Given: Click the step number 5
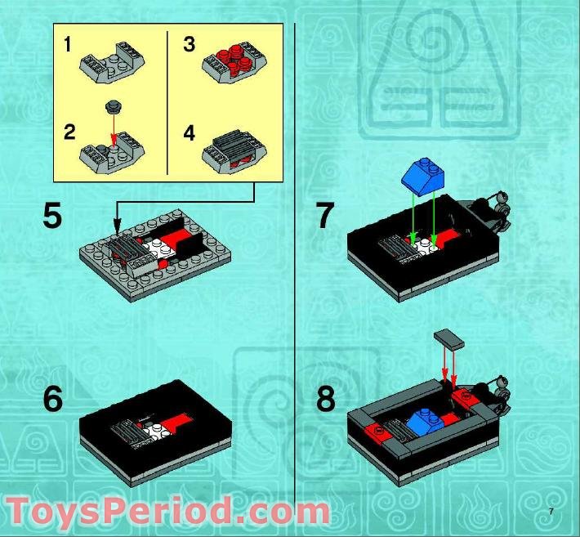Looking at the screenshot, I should (52, 217).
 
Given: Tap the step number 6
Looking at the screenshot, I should (52, 400).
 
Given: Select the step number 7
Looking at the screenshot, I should (325, 217).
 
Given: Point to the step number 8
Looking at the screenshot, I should (325, 400).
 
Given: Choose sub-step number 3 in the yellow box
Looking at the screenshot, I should (190, 44).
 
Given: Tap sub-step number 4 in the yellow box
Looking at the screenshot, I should (190, 132).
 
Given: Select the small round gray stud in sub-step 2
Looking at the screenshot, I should (113, 106).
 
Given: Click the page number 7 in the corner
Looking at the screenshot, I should (551, 512).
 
